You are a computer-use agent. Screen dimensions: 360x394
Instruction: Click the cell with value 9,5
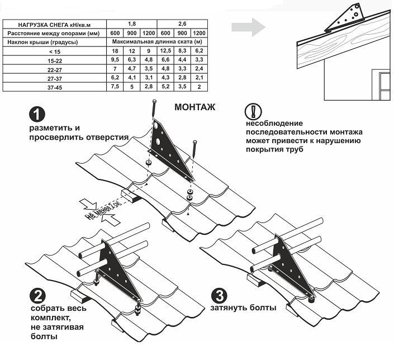(116, 60)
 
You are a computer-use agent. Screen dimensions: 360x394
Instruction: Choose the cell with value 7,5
(116, 87)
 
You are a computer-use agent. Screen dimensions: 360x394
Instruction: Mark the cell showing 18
(116, 51)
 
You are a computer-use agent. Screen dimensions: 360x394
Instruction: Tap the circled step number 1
(36, 114)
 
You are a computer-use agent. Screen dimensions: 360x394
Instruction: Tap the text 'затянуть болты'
(244, 308)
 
